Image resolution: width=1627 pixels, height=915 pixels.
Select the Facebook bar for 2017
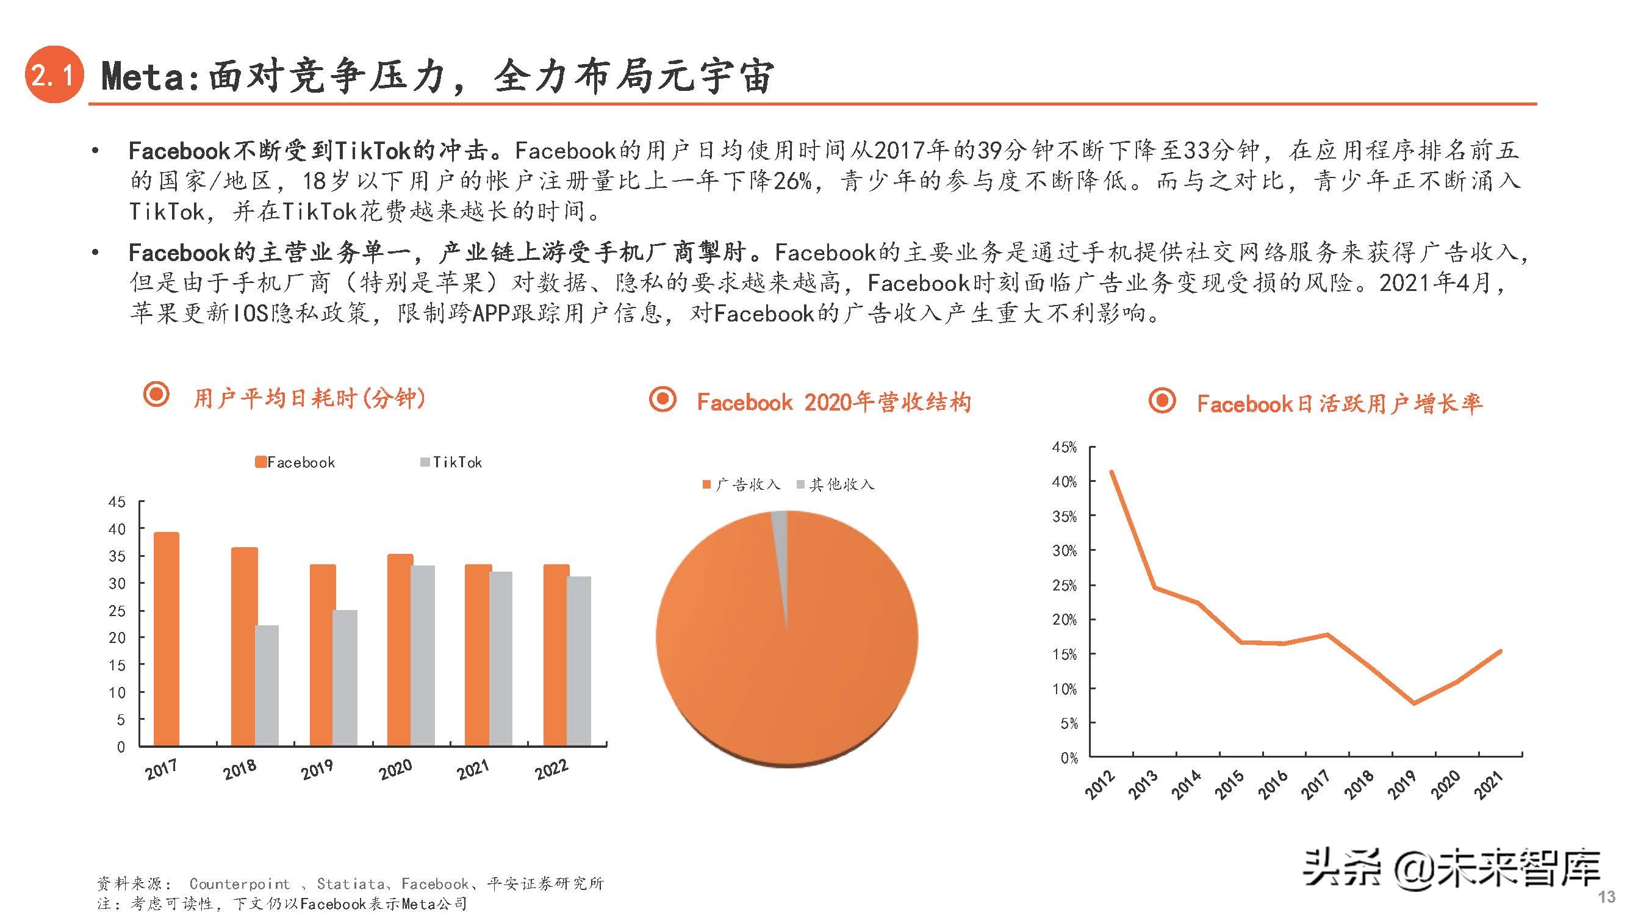[166, 638]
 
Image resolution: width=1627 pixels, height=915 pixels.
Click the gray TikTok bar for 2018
[267, 685]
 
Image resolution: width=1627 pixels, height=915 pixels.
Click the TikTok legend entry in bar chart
[451, 462]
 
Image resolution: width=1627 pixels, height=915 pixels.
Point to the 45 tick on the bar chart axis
[118, 502]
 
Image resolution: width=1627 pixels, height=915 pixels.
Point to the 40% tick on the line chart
[1065, 482]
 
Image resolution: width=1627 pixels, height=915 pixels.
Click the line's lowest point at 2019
[1413, 703]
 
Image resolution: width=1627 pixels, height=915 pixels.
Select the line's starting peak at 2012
[1112, 472]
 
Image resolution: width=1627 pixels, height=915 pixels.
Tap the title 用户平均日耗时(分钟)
[309, 398]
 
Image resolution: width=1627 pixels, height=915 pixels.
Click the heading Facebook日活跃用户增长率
[1339, 403]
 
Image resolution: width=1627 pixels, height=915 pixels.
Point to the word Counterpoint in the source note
[240, 883]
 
